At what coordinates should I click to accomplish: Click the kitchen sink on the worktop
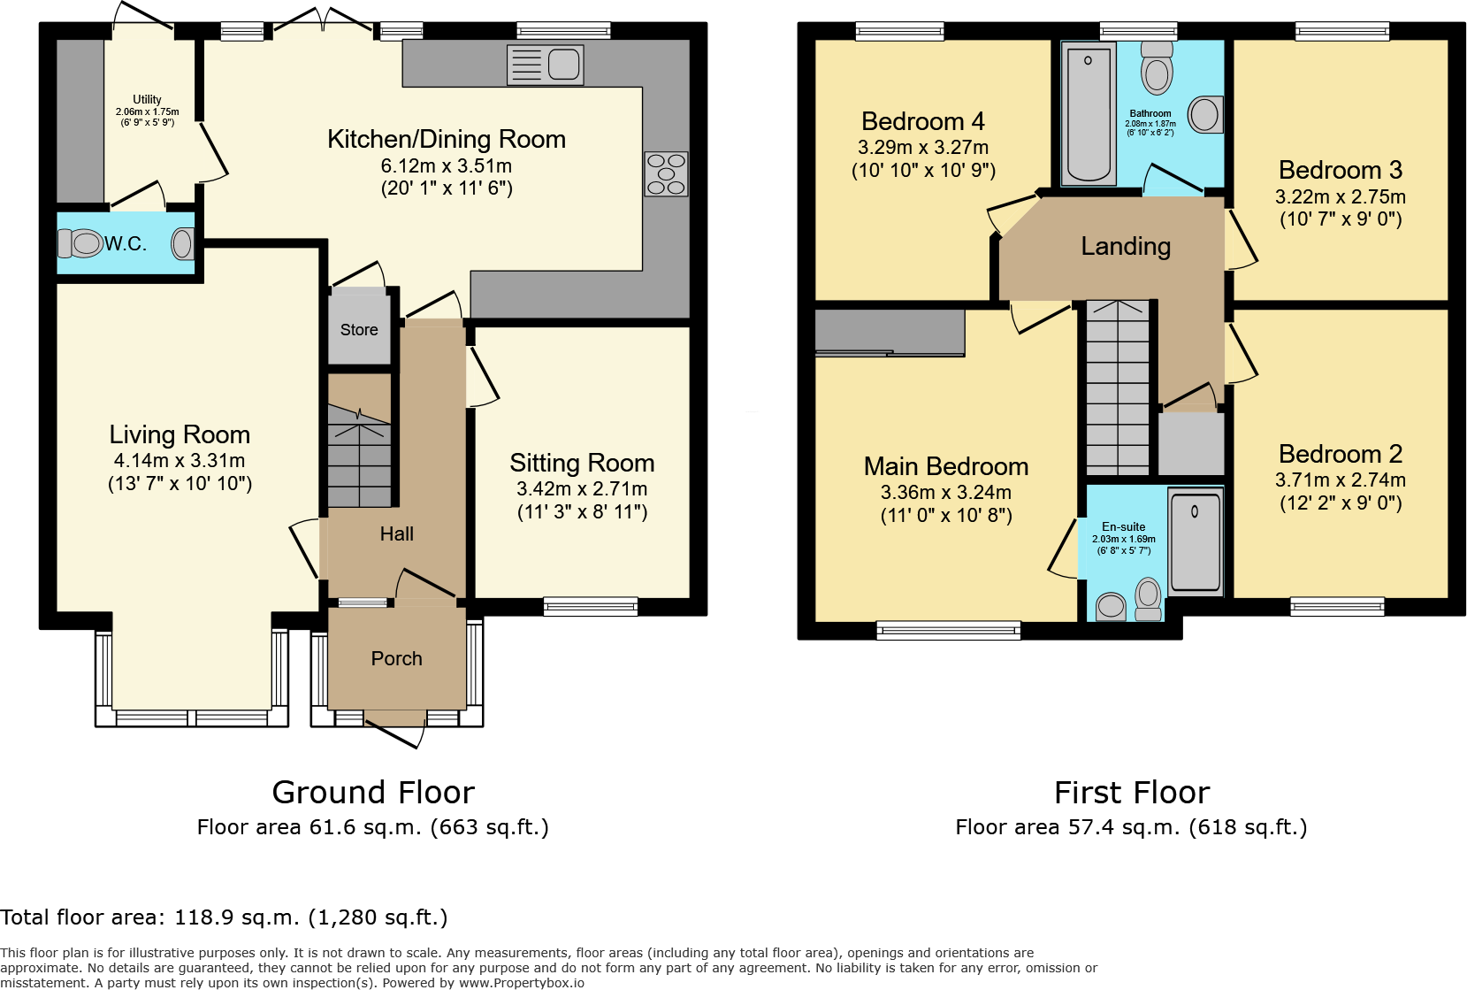(546, 65)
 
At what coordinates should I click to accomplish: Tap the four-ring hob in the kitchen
(666, 174)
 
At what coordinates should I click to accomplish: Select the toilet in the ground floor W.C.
(82, 242)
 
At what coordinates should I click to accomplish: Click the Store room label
(359, 330)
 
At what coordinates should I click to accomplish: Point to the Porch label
(396, 659)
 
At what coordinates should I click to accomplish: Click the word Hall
(396, 534)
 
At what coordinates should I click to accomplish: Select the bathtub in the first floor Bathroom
(1088, 113)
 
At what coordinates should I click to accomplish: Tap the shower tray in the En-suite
(1195, 541)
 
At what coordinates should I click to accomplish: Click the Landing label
(1126, 247)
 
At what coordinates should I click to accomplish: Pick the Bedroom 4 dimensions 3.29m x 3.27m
(923, 148)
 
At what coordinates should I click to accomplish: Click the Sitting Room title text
(582, 464)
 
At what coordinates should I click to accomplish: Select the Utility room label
(147, 100)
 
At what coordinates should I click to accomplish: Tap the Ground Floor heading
(373, 793)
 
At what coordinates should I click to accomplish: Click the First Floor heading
(1132, 793)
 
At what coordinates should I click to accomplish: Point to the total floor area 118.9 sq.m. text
(224, 917)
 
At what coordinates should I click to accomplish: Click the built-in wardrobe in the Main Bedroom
(890, 332)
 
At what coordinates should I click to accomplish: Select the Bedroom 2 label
(1341, 455)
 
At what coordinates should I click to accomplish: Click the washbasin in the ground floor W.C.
(182, 243)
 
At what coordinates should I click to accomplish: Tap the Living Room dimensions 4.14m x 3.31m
(180, 461)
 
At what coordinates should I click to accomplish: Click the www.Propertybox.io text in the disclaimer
(521, 983)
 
